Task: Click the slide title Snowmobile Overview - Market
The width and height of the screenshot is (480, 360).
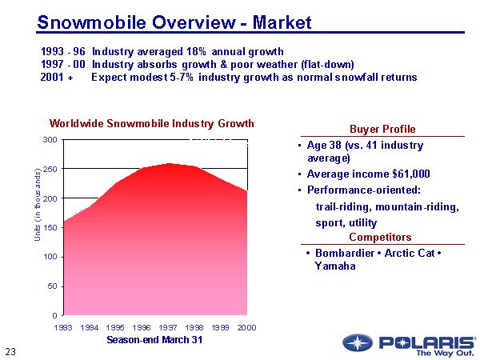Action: pyautogui.click(x=174, y=21)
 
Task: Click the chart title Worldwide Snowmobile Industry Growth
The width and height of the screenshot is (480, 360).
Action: pyautogui.click(x=152, y=124)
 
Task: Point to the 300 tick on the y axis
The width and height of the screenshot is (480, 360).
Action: pyautogui.click(x=50, y=140)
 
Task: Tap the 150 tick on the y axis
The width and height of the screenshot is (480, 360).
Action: pyautogui.click(x=50, y=227)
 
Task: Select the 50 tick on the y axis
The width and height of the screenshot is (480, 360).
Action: pyautogui.click(x=52, y=286)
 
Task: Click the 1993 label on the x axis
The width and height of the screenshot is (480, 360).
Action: pyautogui.click(x=63, y=328)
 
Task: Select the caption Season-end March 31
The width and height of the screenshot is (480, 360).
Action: pyautogui.click(x=154, y=340)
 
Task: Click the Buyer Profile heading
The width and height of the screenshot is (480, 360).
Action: pyautogui.click(x=382, y=130)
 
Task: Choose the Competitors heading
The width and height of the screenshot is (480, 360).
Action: pyautogui.click(x=380, y=238)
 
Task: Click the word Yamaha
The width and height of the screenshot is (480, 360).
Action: pyautogui.click(x=335, y=266)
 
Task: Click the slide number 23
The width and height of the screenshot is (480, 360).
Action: pyautogui.click(x=10, y=351)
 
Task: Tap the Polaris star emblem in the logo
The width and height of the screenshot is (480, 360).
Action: pyautogui.click(x=358, y=342)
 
